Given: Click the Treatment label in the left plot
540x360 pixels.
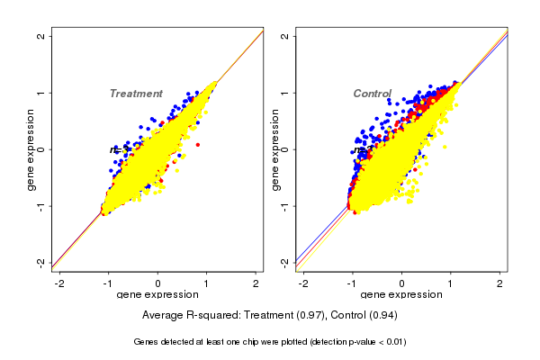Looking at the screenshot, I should (136, 94).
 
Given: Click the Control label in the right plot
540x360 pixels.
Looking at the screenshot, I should (372, 94).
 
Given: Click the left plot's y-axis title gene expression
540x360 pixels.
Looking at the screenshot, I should (31, 149).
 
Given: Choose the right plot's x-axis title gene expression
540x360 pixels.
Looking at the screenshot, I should (401, 295).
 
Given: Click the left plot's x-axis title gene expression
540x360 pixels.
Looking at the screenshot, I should (157, 295).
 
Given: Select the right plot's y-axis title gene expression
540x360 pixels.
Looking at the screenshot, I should (274, 149).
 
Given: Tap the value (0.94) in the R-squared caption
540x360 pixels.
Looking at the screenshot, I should (381, 316).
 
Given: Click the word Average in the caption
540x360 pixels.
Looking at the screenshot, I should (164, 316).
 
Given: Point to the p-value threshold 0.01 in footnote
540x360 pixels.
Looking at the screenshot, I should (393, 342).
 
